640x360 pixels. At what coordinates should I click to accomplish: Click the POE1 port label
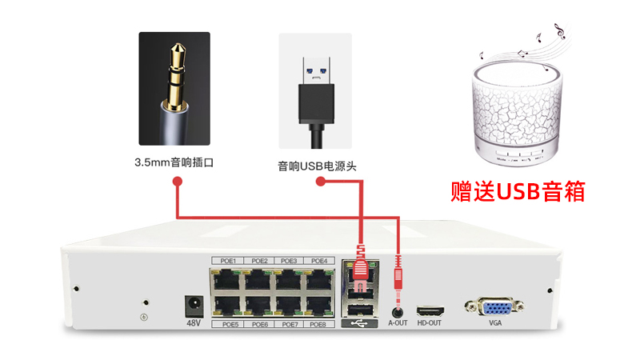[x=229, y=261]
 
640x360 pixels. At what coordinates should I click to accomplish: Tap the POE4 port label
[x=318, y=261]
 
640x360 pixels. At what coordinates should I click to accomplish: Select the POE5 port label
[x=229, y=324]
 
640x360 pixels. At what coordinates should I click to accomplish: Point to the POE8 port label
[x=318, y=324]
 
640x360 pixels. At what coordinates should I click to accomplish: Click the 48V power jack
[x=193, y=306]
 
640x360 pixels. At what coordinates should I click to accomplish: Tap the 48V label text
[x=193, y=323]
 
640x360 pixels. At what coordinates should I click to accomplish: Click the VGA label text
[x=496, y=324]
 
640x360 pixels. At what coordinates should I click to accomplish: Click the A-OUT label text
[x=398, y=324]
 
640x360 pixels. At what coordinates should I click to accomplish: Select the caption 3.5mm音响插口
[x=175, y=162]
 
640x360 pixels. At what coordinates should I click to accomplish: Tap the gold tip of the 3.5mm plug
[x=174, y=56]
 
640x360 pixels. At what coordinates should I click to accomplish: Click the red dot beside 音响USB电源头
[x=320, y=183]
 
